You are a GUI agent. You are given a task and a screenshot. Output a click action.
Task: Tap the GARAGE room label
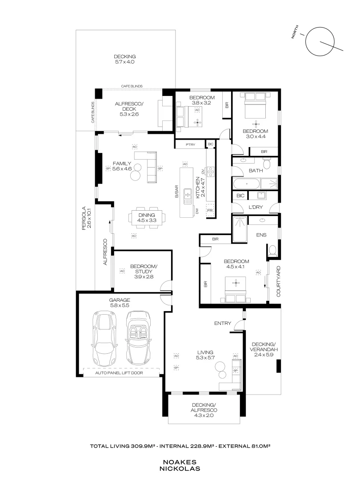[x=120, y=300]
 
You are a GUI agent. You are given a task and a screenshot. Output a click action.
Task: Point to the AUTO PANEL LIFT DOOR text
[x=121, y=373]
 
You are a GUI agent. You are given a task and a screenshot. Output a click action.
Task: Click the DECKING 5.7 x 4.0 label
[x=124, y=59]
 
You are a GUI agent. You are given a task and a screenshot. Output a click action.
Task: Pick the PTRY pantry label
[x=189, y=144]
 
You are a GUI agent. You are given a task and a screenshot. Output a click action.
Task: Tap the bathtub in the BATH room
[x=245, y=184]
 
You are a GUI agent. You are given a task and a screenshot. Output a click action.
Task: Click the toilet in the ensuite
[x=272, y=250]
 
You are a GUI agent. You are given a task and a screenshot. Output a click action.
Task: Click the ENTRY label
[x=222, y=323]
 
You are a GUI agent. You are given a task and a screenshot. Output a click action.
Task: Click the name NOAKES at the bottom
[x=180, y=462]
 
